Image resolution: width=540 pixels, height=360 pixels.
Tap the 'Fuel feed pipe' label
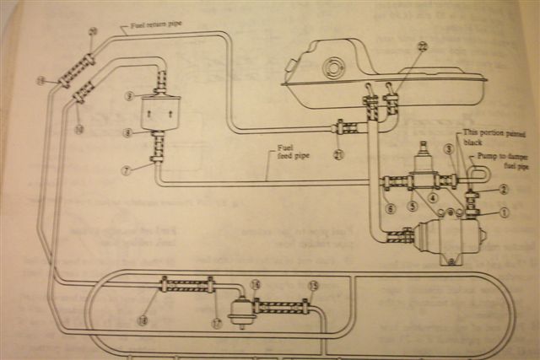pyautogui.click(x=287, y=151)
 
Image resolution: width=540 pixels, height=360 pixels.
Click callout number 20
pyautogui.click(x=93, y=32)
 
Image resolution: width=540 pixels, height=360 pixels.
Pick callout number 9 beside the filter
pyautogui.click(x=128, y=96)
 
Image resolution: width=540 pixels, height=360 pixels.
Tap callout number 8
pyautogui.click(x=126, y=132)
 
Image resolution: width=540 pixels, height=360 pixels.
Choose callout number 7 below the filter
pyautogui.click(x=125, y=169)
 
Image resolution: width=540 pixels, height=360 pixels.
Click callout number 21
pyautogui.click(x=338, y=154)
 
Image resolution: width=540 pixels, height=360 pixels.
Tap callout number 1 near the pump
pyautogui.click(x=505, y=212)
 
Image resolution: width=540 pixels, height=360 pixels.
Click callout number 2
pyautogui.click(x=504, y=190)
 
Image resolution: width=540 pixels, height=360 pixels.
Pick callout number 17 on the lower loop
pyautogui.click(x=217, y=323)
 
